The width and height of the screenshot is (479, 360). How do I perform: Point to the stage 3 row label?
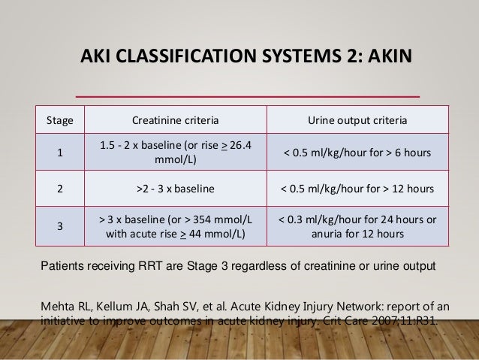(x=60, y=225)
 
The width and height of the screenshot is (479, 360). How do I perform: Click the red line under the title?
(x=248, y=96)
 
